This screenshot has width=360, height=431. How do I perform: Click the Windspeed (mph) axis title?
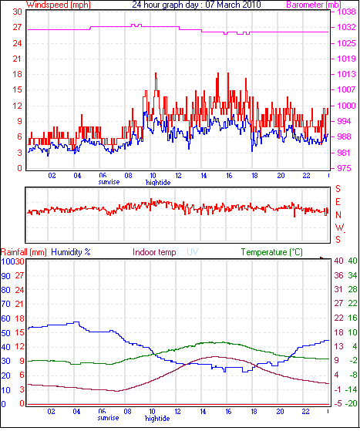(59, 5)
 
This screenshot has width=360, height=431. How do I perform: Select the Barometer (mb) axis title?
(314, 5)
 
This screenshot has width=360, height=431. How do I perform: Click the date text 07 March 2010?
(233, 5)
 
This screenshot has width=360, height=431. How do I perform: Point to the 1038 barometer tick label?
(347, 12)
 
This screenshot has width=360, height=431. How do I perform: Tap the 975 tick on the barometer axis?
(344, 168)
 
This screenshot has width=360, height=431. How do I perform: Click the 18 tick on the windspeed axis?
(17, 74)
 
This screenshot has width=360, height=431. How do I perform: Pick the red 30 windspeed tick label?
(17, 12)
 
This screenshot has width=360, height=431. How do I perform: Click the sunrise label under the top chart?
(109, 182)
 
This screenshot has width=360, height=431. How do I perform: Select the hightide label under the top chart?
(158, 183)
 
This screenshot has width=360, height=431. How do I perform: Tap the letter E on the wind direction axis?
(338, 202)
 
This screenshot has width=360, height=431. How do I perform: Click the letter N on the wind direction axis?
(338, 215)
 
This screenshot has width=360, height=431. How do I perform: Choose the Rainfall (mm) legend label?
(24, 252)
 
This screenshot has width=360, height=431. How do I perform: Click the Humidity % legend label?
(71, 252)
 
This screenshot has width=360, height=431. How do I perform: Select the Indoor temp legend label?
(154, 252)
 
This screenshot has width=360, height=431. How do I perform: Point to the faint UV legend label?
(193, 252)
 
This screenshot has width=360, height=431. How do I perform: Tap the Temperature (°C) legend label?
(272, 252)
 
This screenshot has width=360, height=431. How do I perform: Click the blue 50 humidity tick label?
(5, 333)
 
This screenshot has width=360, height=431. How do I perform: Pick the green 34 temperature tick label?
(352, 275)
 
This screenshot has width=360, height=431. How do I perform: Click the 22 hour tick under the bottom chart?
(305, 412)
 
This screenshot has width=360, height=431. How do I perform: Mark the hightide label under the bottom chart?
(157, 419)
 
